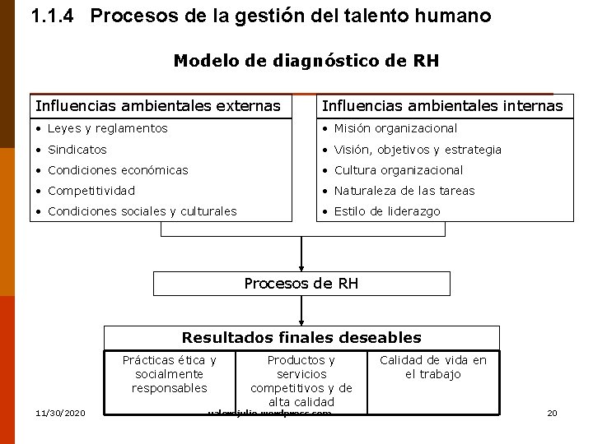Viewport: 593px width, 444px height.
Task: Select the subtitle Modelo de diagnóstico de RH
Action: [306, 61]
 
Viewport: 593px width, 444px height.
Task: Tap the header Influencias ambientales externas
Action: [157, 105]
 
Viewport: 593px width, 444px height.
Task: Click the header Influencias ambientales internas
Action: [442, 105]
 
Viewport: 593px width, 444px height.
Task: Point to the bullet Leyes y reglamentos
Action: [107, 128]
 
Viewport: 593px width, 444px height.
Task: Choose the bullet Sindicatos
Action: [77, 150]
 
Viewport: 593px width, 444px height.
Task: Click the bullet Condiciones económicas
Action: [118, 170]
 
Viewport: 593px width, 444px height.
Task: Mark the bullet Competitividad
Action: [91, 191]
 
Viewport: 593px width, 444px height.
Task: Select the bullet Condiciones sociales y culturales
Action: [142, 211]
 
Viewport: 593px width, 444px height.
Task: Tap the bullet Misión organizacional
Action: [395, 128]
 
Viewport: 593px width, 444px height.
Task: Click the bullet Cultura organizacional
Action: [398, 170]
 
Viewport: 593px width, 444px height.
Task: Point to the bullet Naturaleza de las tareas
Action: [404, 191]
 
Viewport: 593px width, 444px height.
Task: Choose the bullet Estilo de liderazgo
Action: [386, 211]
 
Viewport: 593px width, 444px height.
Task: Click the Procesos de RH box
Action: [301, 284]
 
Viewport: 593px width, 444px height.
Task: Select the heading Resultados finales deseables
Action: [301, 338]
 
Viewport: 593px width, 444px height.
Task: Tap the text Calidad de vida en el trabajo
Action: [432, 367]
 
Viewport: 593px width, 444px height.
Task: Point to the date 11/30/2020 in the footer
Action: [60, 412]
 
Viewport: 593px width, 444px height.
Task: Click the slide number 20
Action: [552, 412]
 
